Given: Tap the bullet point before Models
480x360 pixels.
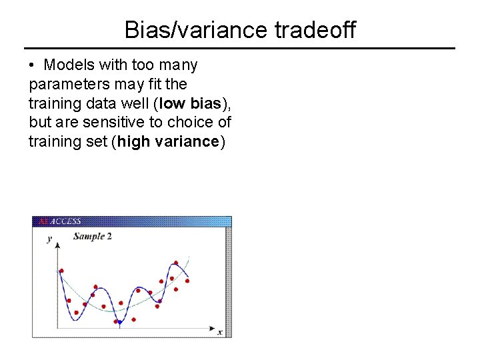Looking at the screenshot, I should pos(32,65).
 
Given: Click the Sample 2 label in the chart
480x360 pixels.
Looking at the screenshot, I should pos(92,236).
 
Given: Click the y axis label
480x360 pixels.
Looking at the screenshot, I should pos(49,239).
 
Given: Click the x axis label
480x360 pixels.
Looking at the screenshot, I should pos(220,331).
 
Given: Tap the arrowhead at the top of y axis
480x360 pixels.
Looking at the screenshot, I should pos(57,245).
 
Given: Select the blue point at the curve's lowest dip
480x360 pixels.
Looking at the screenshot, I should pos(119,322).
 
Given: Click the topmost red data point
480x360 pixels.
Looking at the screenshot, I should pos(175,263).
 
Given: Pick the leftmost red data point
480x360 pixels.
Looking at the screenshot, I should pos(61,271).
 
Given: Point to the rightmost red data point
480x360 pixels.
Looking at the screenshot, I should pos(187,281).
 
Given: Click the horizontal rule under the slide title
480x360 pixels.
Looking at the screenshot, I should pos(239,49).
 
